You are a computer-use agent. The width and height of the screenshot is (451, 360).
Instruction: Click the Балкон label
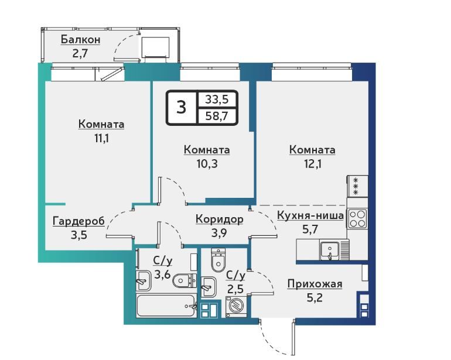point(81,40)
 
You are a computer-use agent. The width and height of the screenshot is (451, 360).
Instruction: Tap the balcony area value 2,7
point(80,54)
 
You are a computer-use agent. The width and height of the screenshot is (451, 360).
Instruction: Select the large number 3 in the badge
point(181,108)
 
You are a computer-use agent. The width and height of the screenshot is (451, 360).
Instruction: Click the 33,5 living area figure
point(217,100)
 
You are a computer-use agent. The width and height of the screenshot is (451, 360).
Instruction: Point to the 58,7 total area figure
point(217,116)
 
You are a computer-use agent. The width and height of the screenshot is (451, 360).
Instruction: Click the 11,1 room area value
point(102,138)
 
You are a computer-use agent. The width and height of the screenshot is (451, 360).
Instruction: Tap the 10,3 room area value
point(207,164)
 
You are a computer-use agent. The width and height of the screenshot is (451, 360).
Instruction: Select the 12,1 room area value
point(313,164)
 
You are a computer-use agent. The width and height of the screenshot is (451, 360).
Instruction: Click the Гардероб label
point(78,221)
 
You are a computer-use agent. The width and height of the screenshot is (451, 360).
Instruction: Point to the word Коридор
point(220,219)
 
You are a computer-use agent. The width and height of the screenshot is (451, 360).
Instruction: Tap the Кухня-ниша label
point(310,215)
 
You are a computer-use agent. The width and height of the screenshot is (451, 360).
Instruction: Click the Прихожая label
point(315,284)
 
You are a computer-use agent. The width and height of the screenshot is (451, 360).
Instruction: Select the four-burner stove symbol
point(357,219)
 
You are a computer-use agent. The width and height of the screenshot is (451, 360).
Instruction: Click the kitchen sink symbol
point(330,251)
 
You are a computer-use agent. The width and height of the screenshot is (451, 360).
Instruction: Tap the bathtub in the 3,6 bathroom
point(166,306)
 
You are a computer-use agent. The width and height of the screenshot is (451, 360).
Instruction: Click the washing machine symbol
point(236,307)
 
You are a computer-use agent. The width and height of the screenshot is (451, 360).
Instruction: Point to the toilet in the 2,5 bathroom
point(218,260)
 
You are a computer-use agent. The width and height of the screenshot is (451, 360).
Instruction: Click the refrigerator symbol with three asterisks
point(357,186)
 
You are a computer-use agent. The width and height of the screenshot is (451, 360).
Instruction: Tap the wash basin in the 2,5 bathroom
point(209,287)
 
